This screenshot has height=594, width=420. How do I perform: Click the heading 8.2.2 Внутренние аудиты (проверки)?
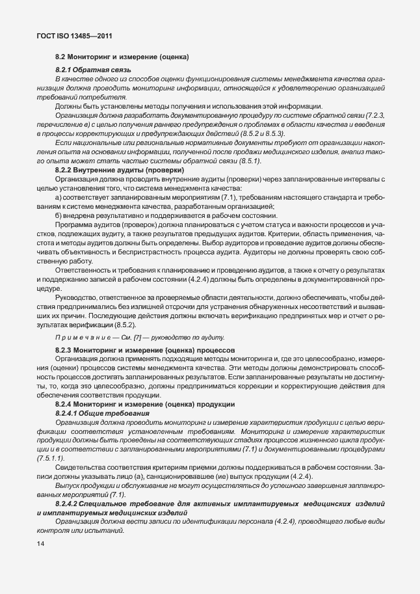pyautogui.click(x=106, y=170)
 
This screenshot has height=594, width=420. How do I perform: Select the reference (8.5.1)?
pyautogui.click(x=250, y=160)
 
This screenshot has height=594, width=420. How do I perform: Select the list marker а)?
pyautogui.click(x=59, y=196)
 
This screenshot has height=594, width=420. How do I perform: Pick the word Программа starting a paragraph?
pyautogui.click(x=74, y=232)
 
